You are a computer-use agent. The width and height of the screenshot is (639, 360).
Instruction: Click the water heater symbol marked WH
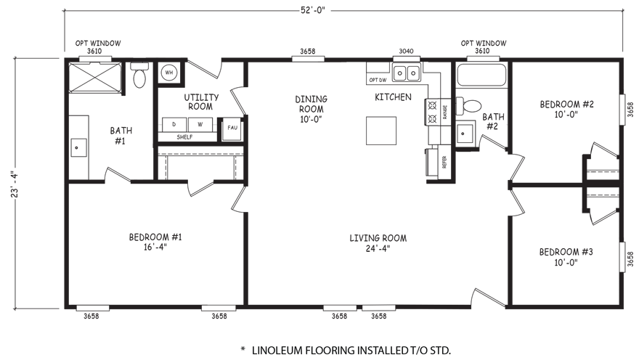pos(168,73)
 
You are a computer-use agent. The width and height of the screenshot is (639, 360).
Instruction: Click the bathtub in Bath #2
pos(481,75)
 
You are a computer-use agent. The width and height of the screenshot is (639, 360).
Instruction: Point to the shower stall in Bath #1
pos(95,78)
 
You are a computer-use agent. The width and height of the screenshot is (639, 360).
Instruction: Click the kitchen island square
pos(381,131)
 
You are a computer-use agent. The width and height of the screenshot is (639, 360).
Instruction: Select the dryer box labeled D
pos(174,125)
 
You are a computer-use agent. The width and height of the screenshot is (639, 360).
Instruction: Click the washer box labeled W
pos(200,125)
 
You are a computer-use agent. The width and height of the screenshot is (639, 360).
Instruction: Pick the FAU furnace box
pos(232,129)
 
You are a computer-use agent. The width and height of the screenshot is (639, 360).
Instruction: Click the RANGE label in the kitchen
pos(445,112)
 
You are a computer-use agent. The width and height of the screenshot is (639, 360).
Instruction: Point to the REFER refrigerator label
pos(444,162)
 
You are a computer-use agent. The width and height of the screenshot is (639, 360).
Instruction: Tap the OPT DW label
pos(378,80)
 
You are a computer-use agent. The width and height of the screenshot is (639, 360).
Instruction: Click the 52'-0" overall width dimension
pos(313,10)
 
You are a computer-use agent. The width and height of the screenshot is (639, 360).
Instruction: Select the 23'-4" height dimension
pos(15,184)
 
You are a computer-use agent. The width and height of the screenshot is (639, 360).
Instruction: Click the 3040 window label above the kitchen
pos(406,51)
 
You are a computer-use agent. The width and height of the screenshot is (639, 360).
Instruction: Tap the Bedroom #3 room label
pos(566,257)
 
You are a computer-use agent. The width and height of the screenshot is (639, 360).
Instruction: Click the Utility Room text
pos(201,102)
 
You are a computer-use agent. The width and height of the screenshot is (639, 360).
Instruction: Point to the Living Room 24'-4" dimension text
pos(378,248)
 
